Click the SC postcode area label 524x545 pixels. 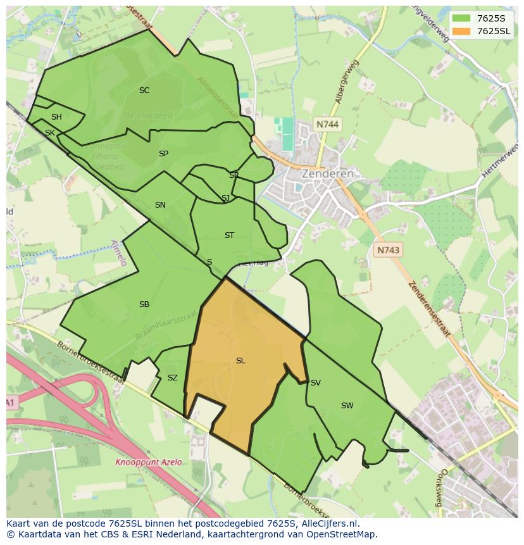pos(144,91)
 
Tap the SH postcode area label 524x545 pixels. pos(56,117)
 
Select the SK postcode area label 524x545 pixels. pos(49,133)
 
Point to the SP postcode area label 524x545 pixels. pos(163,154)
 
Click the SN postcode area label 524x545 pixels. pos(160,205)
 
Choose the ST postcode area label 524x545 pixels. pos(229,235)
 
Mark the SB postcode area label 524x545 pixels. pos(144,304)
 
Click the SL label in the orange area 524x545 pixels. pos(240,361)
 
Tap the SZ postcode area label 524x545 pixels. pos(172,378)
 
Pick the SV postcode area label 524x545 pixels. pos(315,383)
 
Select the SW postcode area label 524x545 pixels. pos(347,406)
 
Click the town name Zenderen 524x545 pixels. pos(327,173)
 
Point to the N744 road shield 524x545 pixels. pos(327,125)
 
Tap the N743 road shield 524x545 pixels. pos(388,250)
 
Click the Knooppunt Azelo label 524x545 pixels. pos(148,462)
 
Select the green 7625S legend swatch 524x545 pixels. pos(461,18)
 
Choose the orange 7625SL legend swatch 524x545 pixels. pos(461,31)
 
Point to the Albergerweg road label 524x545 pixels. pos(347,82)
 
